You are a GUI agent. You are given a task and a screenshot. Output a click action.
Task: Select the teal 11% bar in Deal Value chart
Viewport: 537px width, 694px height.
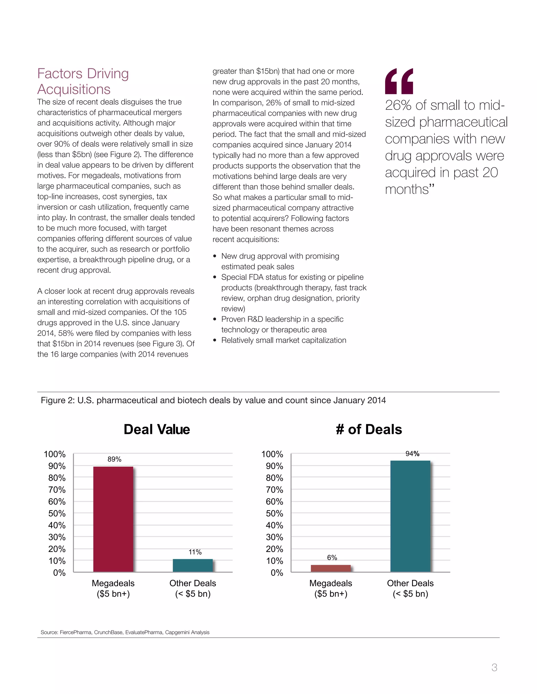[x=192, y=565]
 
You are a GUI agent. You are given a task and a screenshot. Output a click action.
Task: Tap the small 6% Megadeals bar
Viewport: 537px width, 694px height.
[x=331, y=569]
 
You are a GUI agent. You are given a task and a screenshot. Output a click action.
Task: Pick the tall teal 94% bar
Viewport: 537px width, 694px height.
[x=410, y=516]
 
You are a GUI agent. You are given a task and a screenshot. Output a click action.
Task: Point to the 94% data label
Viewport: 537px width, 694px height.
[x=412, y=454]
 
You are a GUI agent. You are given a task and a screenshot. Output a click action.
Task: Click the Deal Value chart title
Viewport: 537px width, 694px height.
[x=157, y=429]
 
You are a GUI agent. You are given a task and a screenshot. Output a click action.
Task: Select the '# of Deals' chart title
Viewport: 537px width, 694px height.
[x=369, y=429]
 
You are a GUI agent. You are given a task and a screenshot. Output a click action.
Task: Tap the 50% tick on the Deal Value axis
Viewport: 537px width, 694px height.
[x=57, y=513]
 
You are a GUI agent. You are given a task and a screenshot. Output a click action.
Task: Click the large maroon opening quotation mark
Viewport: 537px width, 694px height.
[x=399, y=81]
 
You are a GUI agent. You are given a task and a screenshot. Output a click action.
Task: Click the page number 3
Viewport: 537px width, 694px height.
[x=494, y=667]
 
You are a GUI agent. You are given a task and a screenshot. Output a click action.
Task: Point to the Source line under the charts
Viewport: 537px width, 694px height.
[x=125, y=632]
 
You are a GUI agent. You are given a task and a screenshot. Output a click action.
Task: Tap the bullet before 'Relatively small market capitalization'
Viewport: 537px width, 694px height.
[x=215, y=340]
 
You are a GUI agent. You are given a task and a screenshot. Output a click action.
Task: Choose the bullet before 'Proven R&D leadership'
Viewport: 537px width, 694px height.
[x=215, y=319]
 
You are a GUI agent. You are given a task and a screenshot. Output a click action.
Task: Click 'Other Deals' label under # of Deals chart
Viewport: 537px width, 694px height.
[x=410, y=583]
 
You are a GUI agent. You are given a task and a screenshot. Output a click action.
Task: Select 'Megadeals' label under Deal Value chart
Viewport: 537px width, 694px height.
[x=113, y=583]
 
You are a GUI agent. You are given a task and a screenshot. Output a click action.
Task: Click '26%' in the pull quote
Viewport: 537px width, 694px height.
[x=398, y=106]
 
